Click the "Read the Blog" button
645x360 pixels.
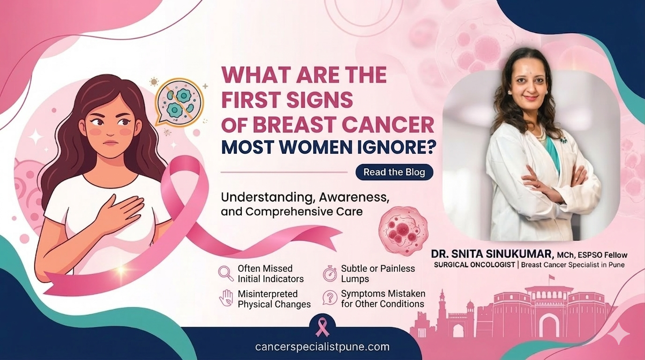(x=394, y=172)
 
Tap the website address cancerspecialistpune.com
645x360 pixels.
(x=322, y=347)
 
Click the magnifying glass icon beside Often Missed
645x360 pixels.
(x=226, y=273)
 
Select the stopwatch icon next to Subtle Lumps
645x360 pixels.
(x=330, y=273)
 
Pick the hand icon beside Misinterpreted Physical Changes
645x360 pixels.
(x=226, y=298)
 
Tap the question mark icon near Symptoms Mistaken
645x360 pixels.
(x=330, y=298)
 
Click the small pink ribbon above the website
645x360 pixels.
(x=322, y=327)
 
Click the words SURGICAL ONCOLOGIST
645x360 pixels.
(x=474, y=265)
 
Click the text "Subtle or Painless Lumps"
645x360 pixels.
(x=378, y=273)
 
